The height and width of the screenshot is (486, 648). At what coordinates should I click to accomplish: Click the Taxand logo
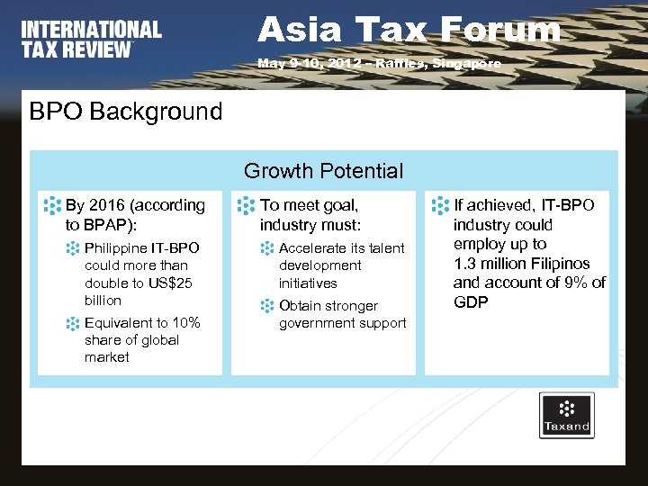(566, 415)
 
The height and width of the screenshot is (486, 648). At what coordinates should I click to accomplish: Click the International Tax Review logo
(92, 40)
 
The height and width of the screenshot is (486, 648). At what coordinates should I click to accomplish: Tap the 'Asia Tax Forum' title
(409, 30)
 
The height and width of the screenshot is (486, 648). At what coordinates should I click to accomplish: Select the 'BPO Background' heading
(125, 112)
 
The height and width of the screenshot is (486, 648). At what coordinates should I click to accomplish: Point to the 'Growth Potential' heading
(323, 171)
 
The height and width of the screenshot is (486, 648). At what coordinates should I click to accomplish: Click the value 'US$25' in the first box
(172, 283)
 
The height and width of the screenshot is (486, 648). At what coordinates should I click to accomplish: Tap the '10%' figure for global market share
(185, 322)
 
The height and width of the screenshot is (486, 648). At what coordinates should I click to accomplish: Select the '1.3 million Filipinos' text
(522, 264)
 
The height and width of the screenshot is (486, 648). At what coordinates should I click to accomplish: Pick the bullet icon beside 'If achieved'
(440, 204)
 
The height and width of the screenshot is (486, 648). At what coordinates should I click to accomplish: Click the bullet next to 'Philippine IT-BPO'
(73, 247)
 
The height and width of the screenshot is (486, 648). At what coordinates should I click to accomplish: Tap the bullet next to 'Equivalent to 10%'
(73, 322)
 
